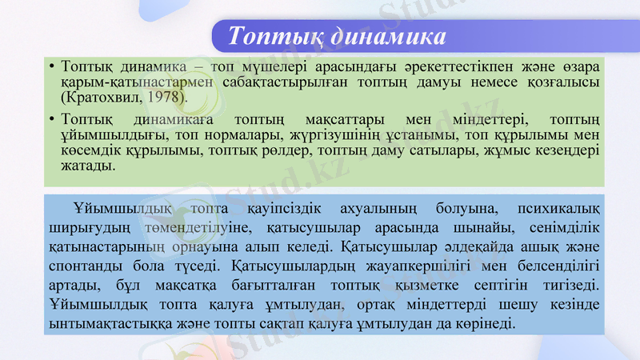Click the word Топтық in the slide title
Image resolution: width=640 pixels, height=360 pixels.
269,37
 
